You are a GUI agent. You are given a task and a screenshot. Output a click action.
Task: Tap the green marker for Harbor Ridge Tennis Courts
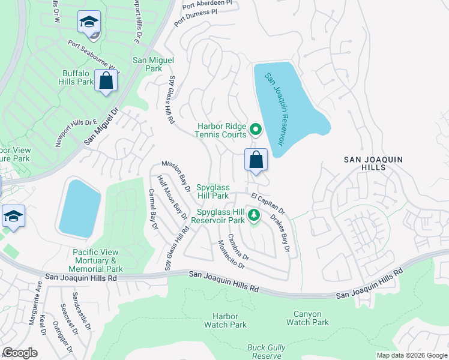(x=255, y=129)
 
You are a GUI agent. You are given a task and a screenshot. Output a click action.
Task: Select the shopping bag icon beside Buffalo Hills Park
(x=106, y=81)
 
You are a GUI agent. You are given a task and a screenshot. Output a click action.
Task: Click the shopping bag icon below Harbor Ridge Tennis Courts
(x=256, y=160)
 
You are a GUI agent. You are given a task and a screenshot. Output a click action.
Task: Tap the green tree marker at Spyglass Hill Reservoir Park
(x=254, y=215)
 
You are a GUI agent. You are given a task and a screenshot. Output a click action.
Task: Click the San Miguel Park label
(x=153, y=64)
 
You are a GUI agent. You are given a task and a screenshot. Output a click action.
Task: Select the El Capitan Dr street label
(x=268, y=205)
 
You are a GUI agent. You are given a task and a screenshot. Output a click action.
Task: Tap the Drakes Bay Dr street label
(x=280, y=233)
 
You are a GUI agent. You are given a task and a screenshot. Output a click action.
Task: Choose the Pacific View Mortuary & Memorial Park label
(x=97, y=260)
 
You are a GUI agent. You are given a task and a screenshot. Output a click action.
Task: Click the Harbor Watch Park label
(x=225, y=320)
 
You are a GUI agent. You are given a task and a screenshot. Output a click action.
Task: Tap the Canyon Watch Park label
(x=307, y=318)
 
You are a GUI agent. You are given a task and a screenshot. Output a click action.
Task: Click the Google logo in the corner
(x=20, y=353)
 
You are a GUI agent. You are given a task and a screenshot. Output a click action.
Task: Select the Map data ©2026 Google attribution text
(x=411, y=355)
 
